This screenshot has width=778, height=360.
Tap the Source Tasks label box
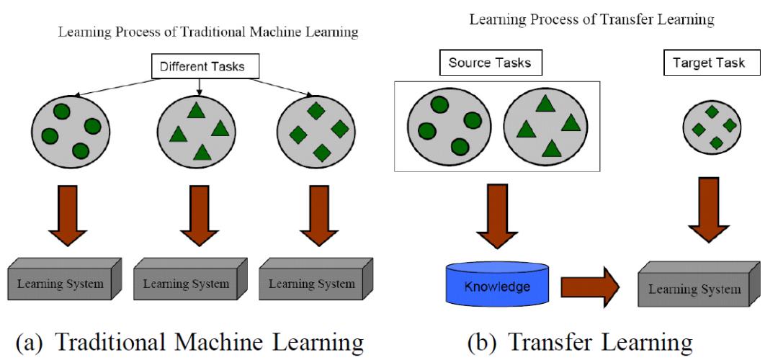(490, 63)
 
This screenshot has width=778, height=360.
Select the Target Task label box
(703, 63)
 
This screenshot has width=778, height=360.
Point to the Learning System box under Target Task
(695, 287)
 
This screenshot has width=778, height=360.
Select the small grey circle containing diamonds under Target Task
(712, 127)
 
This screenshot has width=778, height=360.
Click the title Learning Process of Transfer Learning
(591, 20)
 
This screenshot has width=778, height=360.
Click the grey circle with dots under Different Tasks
(69, 130)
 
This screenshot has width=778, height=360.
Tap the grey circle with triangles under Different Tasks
(197, 130)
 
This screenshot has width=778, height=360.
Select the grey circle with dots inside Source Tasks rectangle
(444, 125)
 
